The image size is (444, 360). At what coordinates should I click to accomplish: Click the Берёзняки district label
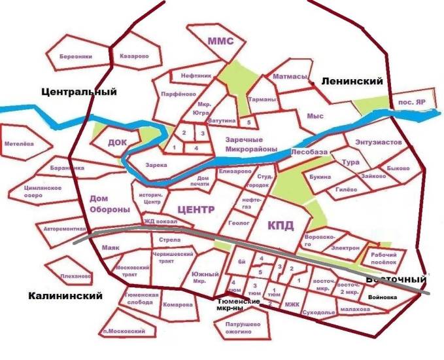click(73, 56)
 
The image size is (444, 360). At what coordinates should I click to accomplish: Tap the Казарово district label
click(134, 56)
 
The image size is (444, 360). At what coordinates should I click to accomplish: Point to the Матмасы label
click(290, 77)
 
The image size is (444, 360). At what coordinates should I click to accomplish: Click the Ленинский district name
click(352, 81)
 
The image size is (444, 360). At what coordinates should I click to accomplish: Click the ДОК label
click(117, 142)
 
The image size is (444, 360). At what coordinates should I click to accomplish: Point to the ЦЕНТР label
click(196, 210)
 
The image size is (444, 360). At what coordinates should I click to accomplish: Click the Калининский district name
click(65, 296)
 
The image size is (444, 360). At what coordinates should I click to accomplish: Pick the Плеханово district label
click(75, 276)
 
